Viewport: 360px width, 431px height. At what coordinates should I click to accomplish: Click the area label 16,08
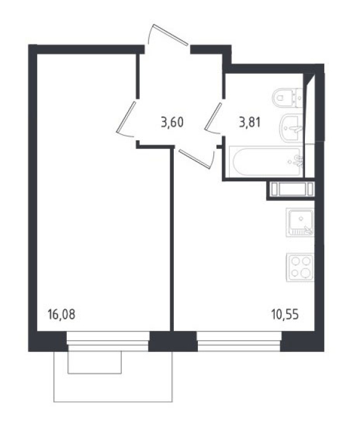click(x=61, y=314)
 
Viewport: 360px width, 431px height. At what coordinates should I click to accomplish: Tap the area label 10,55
click(x=285, y=314)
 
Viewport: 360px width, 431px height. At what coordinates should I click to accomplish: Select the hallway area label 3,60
click(x=172, y=122)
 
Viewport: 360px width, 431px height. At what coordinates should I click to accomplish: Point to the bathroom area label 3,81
click(x=250, y=122)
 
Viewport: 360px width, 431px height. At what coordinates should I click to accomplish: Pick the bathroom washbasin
click(x=291, y=128)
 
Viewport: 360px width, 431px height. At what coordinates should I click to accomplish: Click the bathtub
click(x=266, y=162)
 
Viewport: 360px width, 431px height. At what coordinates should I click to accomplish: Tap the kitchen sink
click(x=300, y=222)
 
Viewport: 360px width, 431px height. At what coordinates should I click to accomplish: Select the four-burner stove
click(x=300, y=268)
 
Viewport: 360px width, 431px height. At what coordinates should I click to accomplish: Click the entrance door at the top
click(x=168, y=35)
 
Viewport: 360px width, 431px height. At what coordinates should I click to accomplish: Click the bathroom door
click(x=213, y=118)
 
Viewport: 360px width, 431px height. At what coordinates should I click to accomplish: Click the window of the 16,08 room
click(x=108, y=341)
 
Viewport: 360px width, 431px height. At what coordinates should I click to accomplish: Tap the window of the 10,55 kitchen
click(x=239, y=341)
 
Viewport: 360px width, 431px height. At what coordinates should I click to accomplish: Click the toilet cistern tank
click(x=299, y=98)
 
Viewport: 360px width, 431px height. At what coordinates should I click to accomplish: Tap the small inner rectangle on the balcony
click(x=95, y=362)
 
